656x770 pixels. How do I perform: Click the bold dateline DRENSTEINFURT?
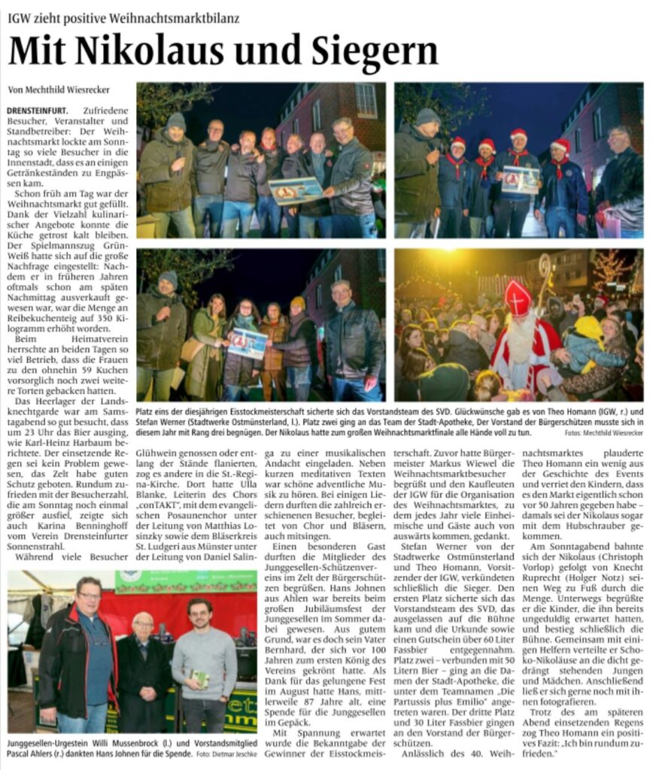tap(36, 110)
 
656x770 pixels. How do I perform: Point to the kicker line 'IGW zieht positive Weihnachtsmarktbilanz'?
tap(124, 17)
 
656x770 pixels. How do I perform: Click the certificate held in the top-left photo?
tap(296, 190)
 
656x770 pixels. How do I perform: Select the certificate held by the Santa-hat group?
tap(519, 180)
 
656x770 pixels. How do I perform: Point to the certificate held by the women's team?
tap(248, 342)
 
